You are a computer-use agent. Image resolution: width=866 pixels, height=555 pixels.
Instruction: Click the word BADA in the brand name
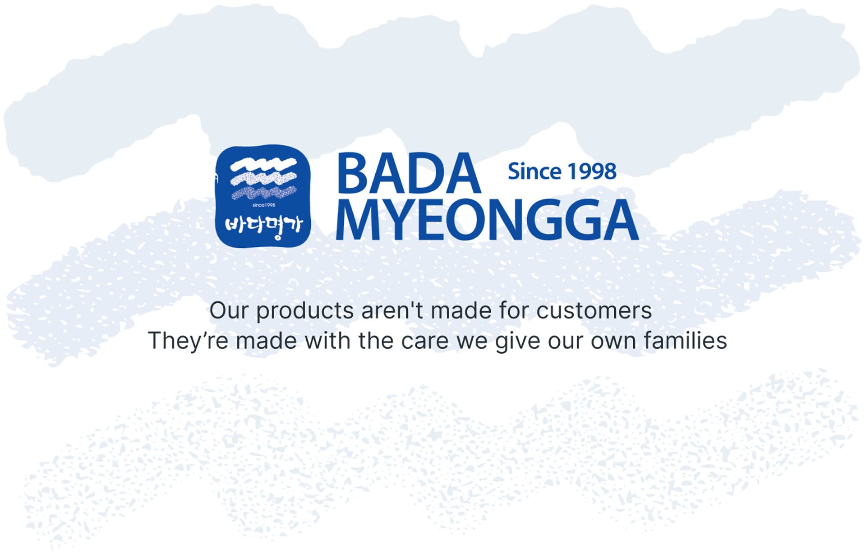tap(409, 173)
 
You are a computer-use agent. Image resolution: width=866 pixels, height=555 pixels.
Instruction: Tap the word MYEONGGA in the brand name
tap(487, 220)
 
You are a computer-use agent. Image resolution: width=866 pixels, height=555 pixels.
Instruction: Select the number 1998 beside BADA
tap(592, 171)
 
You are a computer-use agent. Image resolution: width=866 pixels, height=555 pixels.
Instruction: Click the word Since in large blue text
tap(534, 171)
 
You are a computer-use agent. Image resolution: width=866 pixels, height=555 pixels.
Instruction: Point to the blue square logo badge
tap(263, 196)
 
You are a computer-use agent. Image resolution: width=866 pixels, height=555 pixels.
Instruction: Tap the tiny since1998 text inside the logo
tap(264, 205)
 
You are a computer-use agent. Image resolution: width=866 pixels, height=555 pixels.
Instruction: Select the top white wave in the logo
tap(263, 165)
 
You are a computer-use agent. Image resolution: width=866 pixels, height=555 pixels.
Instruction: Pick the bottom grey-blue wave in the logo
tap(264, 193)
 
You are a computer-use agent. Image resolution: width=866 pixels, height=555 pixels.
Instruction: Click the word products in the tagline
tap(305, 311)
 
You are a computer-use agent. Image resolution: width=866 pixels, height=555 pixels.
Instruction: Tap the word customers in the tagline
tap(594, 311)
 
